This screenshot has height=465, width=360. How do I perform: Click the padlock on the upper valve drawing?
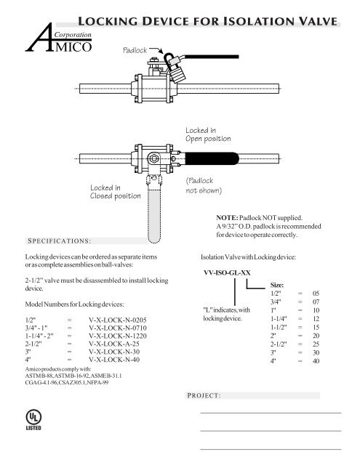[x=177, y=70]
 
